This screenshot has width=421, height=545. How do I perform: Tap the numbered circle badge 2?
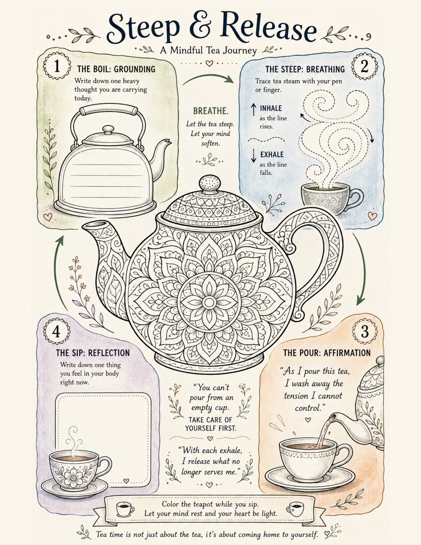coord(365,66)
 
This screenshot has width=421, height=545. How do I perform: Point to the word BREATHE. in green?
coord(211,111)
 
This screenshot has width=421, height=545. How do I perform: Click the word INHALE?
coord(271,108)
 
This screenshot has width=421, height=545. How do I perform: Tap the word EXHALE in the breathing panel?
coord(272,155)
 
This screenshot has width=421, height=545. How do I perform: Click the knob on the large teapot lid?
coord(210,183)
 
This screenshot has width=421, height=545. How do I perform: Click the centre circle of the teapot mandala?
coord(209,303)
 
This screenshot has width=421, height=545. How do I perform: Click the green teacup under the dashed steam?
coord(331,196)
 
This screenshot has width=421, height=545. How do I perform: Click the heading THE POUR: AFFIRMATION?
coord(327,353)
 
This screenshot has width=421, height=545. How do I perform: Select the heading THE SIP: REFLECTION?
coord(93,353)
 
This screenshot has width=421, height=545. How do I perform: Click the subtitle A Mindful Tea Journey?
coord(208,51)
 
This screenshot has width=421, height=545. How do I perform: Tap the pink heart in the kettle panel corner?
coord(48,216)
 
